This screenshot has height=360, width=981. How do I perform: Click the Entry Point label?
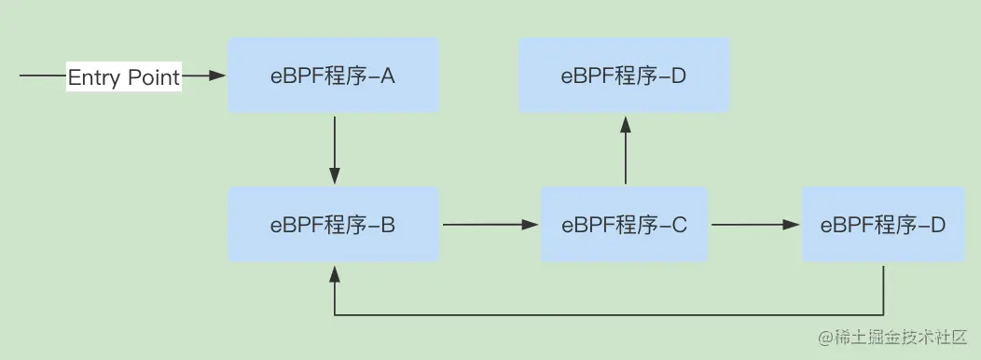124,77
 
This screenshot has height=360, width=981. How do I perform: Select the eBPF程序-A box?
333,76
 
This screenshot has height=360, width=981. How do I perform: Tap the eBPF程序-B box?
333,225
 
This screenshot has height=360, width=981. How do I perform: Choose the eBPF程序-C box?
624,225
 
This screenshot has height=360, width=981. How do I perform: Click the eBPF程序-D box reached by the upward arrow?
624,76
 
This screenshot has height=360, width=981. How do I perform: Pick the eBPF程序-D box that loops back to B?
883,225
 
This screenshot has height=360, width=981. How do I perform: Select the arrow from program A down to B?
334,149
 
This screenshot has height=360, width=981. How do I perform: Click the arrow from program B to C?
490,225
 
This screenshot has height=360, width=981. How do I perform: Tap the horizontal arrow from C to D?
754,225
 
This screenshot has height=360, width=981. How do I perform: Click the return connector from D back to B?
606,314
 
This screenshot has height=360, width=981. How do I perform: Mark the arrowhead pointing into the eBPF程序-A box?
218,76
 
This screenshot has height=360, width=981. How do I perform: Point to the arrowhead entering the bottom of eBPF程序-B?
334,271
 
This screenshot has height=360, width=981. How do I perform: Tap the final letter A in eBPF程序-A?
388,76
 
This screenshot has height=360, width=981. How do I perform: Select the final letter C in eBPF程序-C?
679,225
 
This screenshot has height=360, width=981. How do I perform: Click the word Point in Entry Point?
152,77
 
